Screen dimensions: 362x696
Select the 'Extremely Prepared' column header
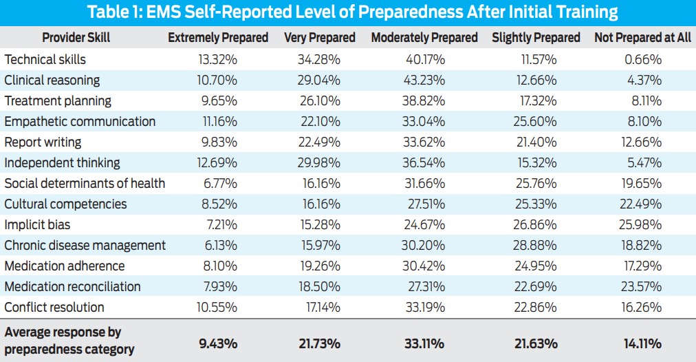pos(218,38)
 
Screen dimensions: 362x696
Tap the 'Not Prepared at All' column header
pos(642,38)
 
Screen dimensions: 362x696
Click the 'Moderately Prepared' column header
pos(424,38)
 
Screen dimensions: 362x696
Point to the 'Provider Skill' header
pos(76,38)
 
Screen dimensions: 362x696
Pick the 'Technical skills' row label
pos(45,60)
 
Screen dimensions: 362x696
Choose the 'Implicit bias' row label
pos(37,225)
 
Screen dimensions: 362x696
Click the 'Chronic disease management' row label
pos(85,246)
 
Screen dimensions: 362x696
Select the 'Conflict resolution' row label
pos(54,308)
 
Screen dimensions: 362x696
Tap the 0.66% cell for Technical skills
pos(644,60)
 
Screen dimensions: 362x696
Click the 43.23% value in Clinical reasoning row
pos(426,81)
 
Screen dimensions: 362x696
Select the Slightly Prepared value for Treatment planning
pos(538,101)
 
